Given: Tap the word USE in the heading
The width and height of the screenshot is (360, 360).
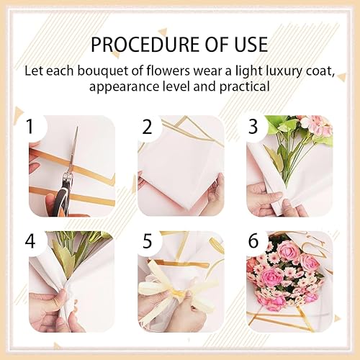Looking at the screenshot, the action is pos(251,45).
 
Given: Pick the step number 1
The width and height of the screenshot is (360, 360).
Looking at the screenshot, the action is pos(30,127).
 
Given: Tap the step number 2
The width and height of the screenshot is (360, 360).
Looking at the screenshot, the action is pos(148,127).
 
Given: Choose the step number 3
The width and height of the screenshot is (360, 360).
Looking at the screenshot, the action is pos(253,127).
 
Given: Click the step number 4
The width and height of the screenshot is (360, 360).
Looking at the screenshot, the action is pos(30,240).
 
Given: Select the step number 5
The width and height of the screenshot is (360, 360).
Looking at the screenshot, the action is pos(147,240).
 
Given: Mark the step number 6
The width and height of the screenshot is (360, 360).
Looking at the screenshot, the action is pos(253,240).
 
